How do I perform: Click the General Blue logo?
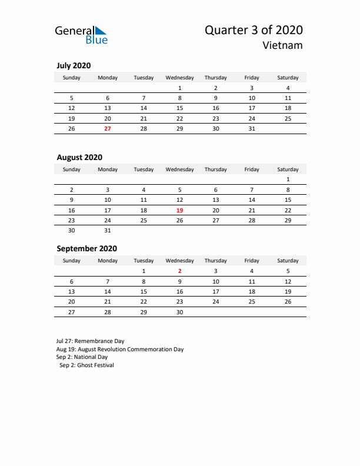pyautogui.click(x=81, y=35)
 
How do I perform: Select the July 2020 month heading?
pyautogui.click(x=74, y=66)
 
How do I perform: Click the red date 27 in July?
pyautogui.click(x=108, y=129)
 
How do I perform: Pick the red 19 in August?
pyautogui.click(x=179, y=210)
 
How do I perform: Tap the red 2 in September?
pyautogui.click(x=179, y=271)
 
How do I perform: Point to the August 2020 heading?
pyautogui.click(x=79, y=157)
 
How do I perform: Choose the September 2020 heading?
pyautogui.click(x=86, y=248)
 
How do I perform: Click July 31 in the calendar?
pyautogui.click(x=252, y=129)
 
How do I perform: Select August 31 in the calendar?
pyautogui.click(x=108, y=231)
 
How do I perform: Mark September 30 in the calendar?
pyautogui.click(x=179, y=312)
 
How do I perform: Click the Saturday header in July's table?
pyautogui.click(x=288, y=78)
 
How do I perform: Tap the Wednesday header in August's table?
pyautogui.click(x=179, y=169)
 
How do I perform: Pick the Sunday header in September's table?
pyautogui.click(x=72, y=261)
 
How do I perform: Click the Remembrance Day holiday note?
pyautogui.click(x=90, y=341)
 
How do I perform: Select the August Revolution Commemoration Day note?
pyautogui.click(x=120, y=349)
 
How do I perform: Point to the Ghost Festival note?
pyautogui.click(x=86, y=365)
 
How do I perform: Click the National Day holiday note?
pyautogui.click(x=82, y=357)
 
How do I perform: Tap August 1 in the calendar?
pyautogui.click(x=288, y=179)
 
